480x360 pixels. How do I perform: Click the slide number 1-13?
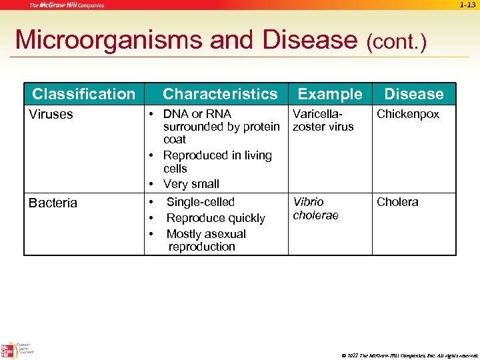[x=467, y=5]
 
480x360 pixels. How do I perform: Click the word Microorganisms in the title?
[x=109, y=40]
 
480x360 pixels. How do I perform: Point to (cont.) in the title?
[x=396, y=42]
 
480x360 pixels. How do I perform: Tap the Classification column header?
[x=83, y=94]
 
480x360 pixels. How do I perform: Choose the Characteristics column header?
[x=220, y=94]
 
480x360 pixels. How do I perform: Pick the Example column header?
[x=330, y=94]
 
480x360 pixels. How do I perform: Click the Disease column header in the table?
[x=413, y=94]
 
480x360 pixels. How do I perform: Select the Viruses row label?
[x=51, y=114]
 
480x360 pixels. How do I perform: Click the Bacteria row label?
[x=53, y=203]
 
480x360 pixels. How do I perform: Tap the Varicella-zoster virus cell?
[x=323, y=120]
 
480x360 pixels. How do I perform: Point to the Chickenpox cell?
[x=408, y=114]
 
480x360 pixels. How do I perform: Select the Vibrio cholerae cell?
[x=315, y=208]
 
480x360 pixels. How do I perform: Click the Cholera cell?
[x=397, y=202]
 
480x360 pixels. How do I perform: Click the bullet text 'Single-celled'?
[x=200, y=202]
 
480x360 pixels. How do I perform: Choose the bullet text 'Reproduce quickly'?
[x=215, y=218]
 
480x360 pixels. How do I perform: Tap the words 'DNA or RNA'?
[x=197, y=114]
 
